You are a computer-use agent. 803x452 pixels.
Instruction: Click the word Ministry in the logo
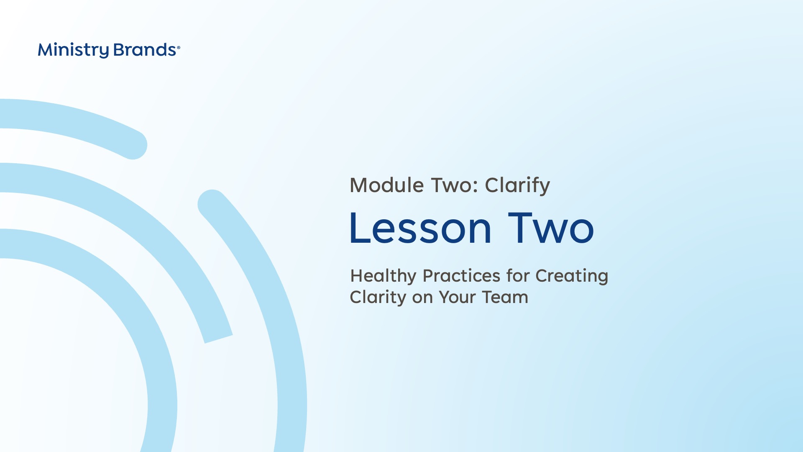73,50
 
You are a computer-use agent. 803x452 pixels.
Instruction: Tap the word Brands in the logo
145,50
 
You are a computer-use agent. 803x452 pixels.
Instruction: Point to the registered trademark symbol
179,48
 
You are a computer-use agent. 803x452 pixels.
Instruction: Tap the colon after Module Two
475,187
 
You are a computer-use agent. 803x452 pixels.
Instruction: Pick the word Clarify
517,186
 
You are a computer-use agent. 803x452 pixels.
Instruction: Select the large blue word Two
551,228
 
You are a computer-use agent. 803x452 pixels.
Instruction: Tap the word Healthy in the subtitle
384,276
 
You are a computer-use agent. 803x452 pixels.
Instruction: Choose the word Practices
462,276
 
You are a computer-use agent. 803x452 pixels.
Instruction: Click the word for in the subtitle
518,276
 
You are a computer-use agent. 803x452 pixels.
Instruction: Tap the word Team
505,297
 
